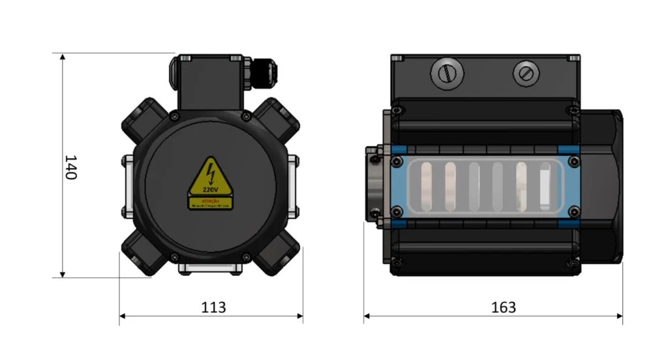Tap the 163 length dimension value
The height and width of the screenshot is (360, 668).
pos(503,307)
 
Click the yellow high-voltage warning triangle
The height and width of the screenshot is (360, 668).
pos(210,179)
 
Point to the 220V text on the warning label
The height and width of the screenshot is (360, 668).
pos(210,189)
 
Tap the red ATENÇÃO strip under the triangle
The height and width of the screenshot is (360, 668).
pos(210,204)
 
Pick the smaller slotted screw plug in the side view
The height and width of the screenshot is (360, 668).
pos(526,73)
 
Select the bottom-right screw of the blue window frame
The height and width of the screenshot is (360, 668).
pos(573,211)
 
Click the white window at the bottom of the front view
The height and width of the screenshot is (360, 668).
pos(210,267)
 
